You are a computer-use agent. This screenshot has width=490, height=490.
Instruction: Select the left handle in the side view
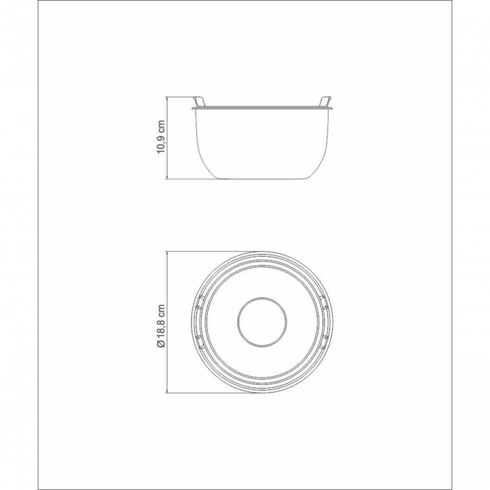click(x=199, y=101)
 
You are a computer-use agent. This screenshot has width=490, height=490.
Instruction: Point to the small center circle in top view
click(x=262, y=323)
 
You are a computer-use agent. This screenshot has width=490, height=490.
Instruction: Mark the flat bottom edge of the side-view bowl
click(x=262, y=178)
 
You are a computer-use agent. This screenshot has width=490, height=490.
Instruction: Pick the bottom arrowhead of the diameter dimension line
click(x=168, y=392)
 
